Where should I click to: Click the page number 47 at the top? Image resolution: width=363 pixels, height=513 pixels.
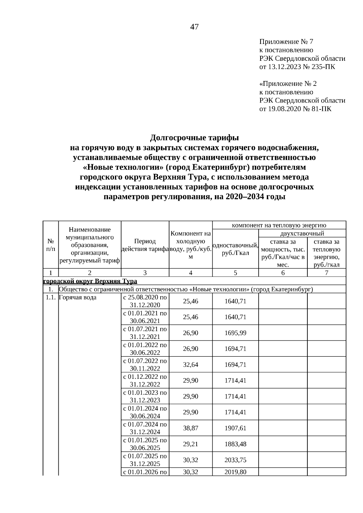click(194, 27)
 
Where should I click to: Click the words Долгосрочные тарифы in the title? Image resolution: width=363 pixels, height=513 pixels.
click(195, 138)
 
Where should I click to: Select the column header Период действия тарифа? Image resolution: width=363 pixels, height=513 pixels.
click(145, 245)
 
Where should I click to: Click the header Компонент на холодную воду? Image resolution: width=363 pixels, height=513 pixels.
click(191, 245)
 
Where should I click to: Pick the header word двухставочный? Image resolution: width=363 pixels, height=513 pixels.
click(302, 233)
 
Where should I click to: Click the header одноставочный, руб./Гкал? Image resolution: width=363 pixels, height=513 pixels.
click(235, 249)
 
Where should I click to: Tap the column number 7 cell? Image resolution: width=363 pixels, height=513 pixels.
click(326, 273)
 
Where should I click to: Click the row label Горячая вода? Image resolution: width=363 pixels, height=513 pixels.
click(77, 297)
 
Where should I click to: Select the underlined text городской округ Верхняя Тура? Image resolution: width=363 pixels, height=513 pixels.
click(90, 281)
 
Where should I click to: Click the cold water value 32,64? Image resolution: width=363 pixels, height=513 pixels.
click(191, 365)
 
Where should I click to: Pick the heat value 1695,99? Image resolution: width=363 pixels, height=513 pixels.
click(235, 333)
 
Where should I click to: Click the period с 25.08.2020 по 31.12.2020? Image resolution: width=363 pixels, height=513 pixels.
click(145, 301)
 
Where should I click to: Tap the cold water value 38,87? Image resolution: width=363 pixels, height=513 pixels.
click(191, 428)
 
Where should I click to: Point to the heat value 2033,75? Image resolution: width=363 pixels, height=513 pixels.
click(235, 460)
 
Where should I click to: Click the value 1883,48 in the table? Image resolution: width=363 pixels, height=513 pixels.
click(235, 444)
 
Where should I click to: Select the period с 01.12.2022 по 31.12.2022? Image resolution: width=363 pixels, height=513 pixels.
click(145, 380)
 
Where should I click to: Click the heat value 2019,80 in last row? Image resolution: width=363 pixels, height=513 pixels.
click(235, 472)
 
